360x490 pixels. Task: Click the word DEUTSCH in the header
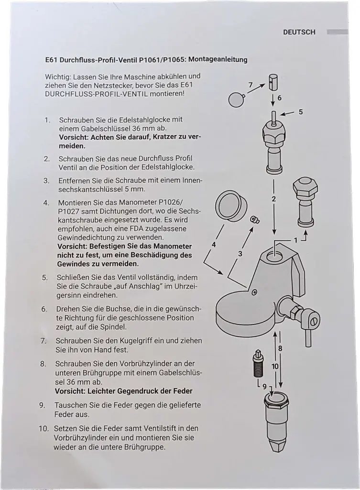coord(299,32)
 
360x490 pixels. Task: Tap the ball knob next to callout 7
coord(237,100)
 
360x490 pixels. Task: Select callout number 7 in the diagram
coord(251,85)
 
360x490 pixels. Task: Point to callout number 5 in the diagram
coord(301,112)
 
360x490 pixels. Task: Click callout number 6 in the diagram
coord(280,98)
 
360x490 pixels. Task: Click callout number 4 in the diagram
coord(214,245)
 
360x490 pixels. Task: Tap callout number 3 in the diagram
coord(240,254)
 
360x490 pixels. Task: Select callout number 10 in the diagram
coord(275,366)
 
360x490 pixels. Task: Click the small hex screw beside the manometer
coord(255,220)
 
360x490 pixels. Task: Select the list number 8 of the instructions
coord(44,364)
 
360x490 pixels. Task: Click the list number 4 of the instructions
coord(46,202)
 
